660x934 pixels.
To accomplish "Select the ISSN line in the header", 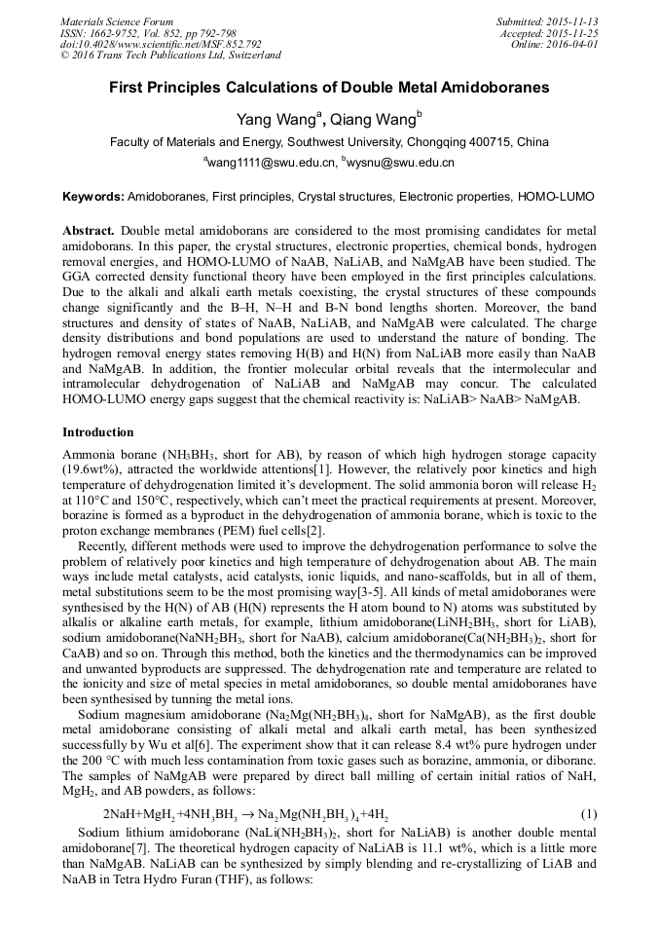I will click(x=147, y=33).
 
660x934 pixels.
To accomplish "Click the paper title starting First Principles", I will click(x=329, y=88).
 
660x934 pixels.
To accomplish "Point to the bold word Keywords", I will click(x=93, y=196).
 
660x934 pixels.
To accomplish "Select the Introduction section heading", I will click(x=98, y=431).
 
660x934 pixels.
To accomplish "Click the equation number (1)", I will click(x=588, y=813).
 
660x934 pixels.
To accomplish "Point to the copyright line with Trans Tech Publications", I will click(x=171, y=56).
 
